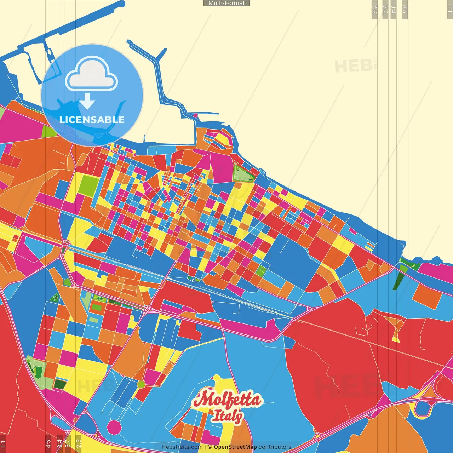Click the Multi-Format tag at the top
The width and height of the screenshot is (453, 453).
coord(226,3)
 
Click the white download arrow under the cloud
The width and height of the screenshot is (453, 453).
coord(87,102)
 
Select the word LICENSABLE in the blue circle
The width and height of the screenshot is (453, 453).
coord(92,120)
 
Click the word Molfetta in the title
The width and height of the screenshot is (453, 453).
coord(227,400)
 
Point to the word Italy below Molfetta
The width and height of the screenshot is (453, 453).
coord(227,416)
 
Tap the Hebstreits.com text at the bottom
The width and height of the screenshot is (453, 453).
coord(182,447)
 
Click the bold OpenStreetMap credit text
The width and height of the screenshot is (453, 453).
coord(235,447)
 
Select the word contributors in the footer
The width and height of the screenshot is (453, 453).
coord(275,447)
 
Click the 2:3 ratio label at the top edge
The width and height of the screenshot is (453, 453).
coord(374,9)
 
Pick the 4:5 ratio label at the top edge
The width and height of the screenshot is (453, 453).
coord(405,9)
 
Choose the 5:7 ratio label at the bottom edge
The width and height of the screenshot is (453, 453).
coord(68,443)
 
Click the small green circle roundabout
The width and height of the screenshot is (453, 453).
coord(141,384)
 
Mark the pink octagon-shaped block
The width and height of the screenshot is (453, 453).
coord(114,427)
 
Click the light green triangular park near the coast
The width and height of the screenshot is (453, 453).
coord(243,173)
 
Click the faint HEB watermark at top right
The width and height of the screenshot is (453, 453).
coord(353,66)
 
